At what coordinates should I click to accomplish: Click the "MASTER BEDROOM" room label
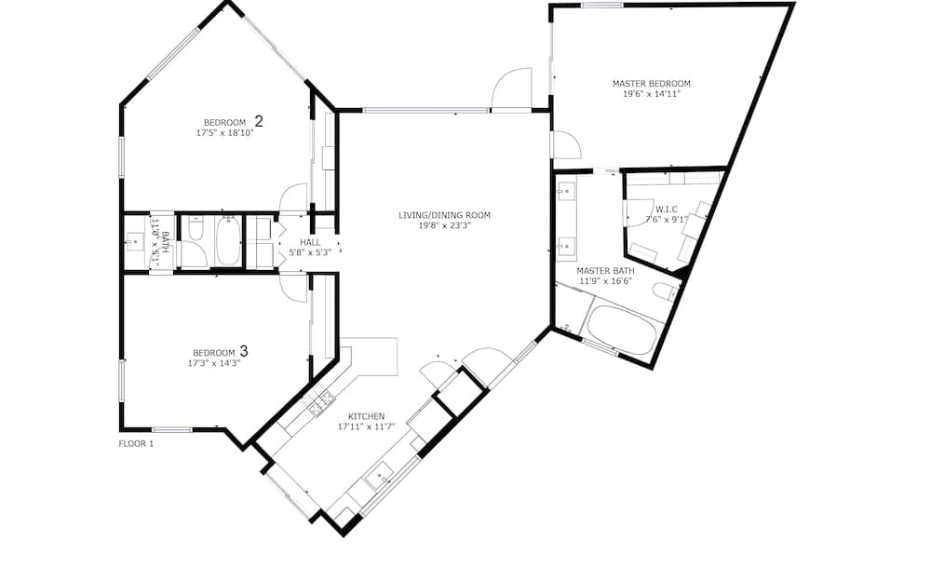coord(652,84)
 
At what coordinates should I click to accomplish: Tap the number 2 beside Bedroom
coord(258,121)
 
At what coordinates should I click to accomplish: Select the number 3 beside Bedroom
coord(243,351)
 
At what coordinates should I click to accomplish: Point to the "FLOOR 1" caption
coord(136,443)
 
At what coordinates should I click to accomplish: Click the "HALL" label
coord(310,242)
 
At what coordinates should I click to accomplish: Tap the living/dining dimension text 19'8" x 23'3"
coord(444,225)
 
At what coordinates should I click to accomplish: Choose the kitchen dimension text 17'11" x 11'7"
coord(366,426)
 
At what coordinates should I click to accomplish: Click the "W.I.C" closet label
coord(667,210)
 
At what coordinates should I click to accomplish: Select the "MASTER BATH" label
coord(605,271)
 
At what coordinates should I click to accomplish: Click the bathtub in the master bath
coord(622,331)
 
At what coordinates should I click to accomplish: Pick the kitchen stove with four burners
coord(318,402)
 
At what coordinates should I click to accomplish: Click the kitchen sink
coord(379,475)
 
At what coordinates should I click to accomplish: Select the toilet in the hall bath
coord(196,228)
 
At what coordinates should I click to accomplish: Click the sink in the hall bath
coord(135,242)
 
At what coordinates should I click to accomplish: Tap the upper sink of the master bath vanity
coord(566,192)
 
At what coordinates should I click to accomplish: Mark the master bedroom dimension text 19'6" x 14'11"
coord(652,94)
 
